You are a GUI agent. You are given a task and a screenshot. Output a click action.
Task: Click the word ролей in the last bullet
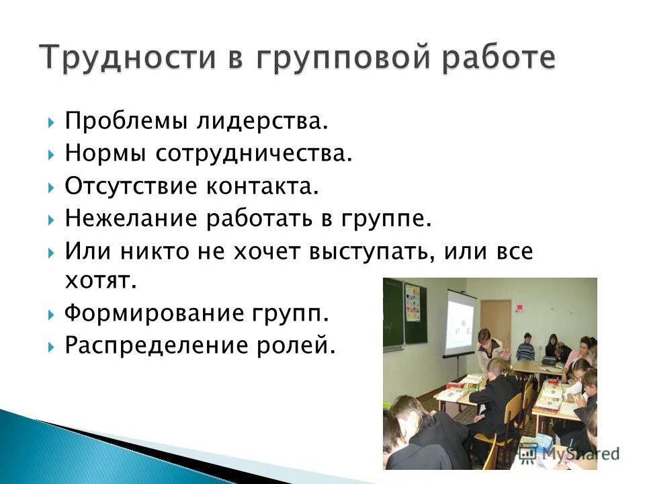(x=301, y=346)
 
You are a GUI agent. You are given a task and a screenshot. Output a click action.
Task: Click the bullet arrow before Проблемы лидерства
(x=52, y=122)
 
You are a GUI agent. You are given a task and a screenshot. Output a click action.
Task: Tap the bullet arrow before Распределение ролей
(x=52, y=346)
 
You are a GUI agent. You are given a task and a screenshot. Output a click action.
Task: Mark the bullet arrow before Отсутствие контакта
(x=52, y=187)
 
